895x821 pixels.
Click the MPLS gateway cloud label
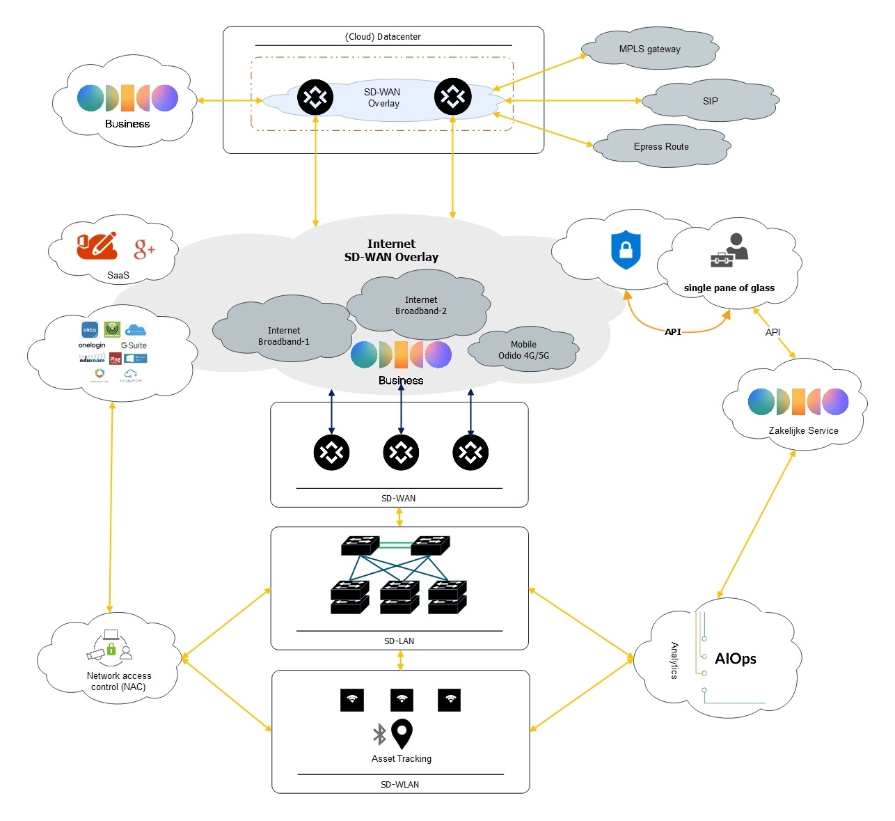tap(649, 49)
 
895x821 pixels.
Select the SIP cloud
tap(710, 101)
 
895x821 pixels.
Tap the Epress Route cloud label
tap(661, 147)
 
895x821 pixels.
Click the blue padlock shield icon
tap(626, 249)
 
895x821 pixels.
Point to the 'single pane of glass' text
tap(729, 288)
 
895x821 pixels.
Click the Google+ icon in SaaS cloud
tap(144, 249)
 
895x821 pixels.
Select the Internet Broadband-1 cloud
tap(284, 336)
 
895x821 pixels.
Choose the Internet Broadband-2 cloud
tap(420, 305)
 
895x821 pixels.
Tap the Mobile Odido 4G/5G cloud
tap(523, 350)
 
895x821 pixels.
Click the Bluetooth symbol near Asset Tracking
tap(379, 734)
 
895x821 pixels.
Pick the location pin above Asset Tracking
tap(402, 734)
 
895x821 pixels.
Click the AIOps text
tap(735, 659)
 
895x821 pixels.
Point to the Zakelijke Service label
tap(803, 431)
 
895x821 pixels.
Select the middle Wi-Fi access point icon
tap(402, 700)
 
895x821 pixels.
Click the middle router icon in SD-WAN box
tap(401, 453)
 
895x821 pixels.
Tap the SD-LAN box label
tap(399, 641)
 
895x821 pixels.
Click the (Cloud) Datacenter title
tap(383, 37)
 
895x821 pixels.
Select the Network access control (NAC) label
tap(118, 681)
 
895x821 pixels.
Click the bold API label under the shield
tap(672, 332)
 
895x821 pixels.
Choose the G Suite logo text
tap(134, 345)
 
